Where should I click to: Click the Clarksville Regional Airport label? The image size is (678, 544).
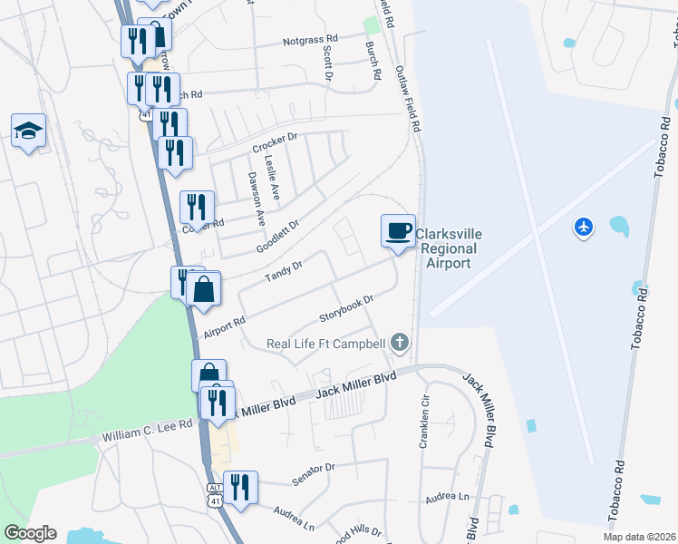click(x=449, y=248)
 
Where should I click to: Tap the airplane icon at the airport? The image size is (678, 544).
click(x=584, y=226)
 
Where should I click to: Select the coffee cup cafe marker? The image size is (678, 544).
click(x=398, y=231)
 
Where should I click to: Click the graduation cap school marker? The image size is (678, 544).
click(x=29, y=131)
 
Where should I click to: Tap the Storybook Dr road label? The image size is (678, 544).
click(x=347, y=309)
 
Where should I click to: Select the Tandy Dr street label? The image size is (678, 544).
click(x=282, y=269)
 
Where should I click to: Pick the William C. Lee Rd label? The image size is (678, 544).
click(x=147, y=430)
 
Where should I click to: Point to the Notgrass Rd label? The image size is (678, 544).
click(x=310, y=40)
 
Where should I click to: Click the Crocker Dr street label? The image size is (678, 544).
click(x=276, y=143)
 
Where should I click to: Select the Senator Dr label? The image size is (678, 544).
click(x=314, y=472)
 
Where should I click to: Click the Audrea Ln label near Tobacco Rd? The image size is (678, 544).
click(x=450, y=498)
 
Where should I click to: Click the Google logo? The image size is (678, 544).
click(x=30, y=533)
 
